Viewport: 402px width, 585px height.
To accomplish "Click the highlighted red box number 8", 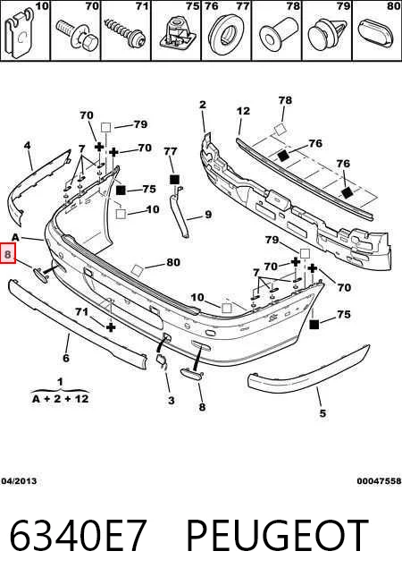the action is point(8,253).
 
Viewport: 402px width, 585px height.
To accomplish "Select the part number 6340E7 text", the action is point(78,536).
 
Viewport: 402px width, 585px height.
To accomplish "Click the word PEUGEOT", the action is point(277,536).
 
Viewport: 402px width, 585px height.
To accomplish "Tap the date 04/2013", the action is point(19,481).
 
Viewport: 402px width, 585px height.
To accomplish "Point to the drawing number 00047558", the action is point(379,481).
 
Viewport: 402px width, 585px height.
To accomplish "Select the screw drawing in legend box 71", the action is point(125,33).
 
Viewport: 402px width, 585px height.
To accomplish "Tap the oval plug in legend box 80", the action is point(376,34).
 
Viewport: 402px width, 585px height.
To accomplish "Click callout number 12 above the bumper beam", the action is point(243,111).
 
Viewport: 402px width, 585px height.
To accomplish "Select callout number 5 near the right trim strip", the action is point(322,412).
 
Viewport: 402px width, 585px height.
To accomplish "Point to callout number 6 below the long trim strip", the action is point(66,358).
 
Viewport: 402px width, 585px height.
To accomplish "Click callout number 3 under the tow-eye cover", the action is point(171,401).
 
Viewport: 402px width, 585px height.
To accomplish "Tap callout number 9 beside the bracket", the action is point(208,215).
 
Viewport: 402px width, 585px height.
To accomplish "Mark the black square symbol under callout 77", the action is point(174,180).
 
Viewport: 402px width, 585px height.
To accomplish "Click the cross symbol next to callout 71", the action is point(111,327).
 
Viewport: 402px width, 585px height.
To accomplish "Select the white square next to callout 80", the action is point(137,270).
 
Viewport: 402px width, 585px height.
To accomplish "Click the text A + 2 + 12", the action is point(61,399).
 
